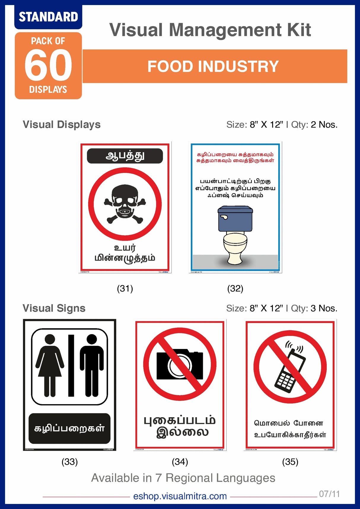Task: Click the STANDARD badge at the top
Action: (x=48, y=17)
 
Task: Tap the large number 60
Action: (x=48, y=65)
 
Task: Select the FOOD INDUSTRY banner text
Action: (x=213, y=66)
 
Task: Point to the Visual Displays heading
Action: (x=62, y=125)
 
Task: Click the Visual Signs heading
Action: (x=54, y=308)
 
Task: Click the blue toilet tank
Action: (x=235, y=219)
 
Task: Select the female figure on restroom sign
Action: (x=50, y=365)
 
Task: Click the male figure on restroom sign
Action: (x=92, y=365)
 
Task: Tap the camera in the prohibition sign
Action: (x=179, y=365)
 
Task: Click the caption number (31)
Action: (x=125, y=289)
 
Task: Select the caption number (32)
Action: (x=235, y=289)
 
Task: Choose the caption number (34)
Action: (x=180, y=462)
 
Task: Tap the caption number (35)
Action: (x=290, y=462)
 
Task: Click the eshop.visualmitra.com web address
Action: (x=180, y=496)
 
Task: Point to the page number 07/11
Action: (x=329, y=494)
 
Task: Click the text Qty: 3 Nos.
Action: (x=314, y=308)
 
